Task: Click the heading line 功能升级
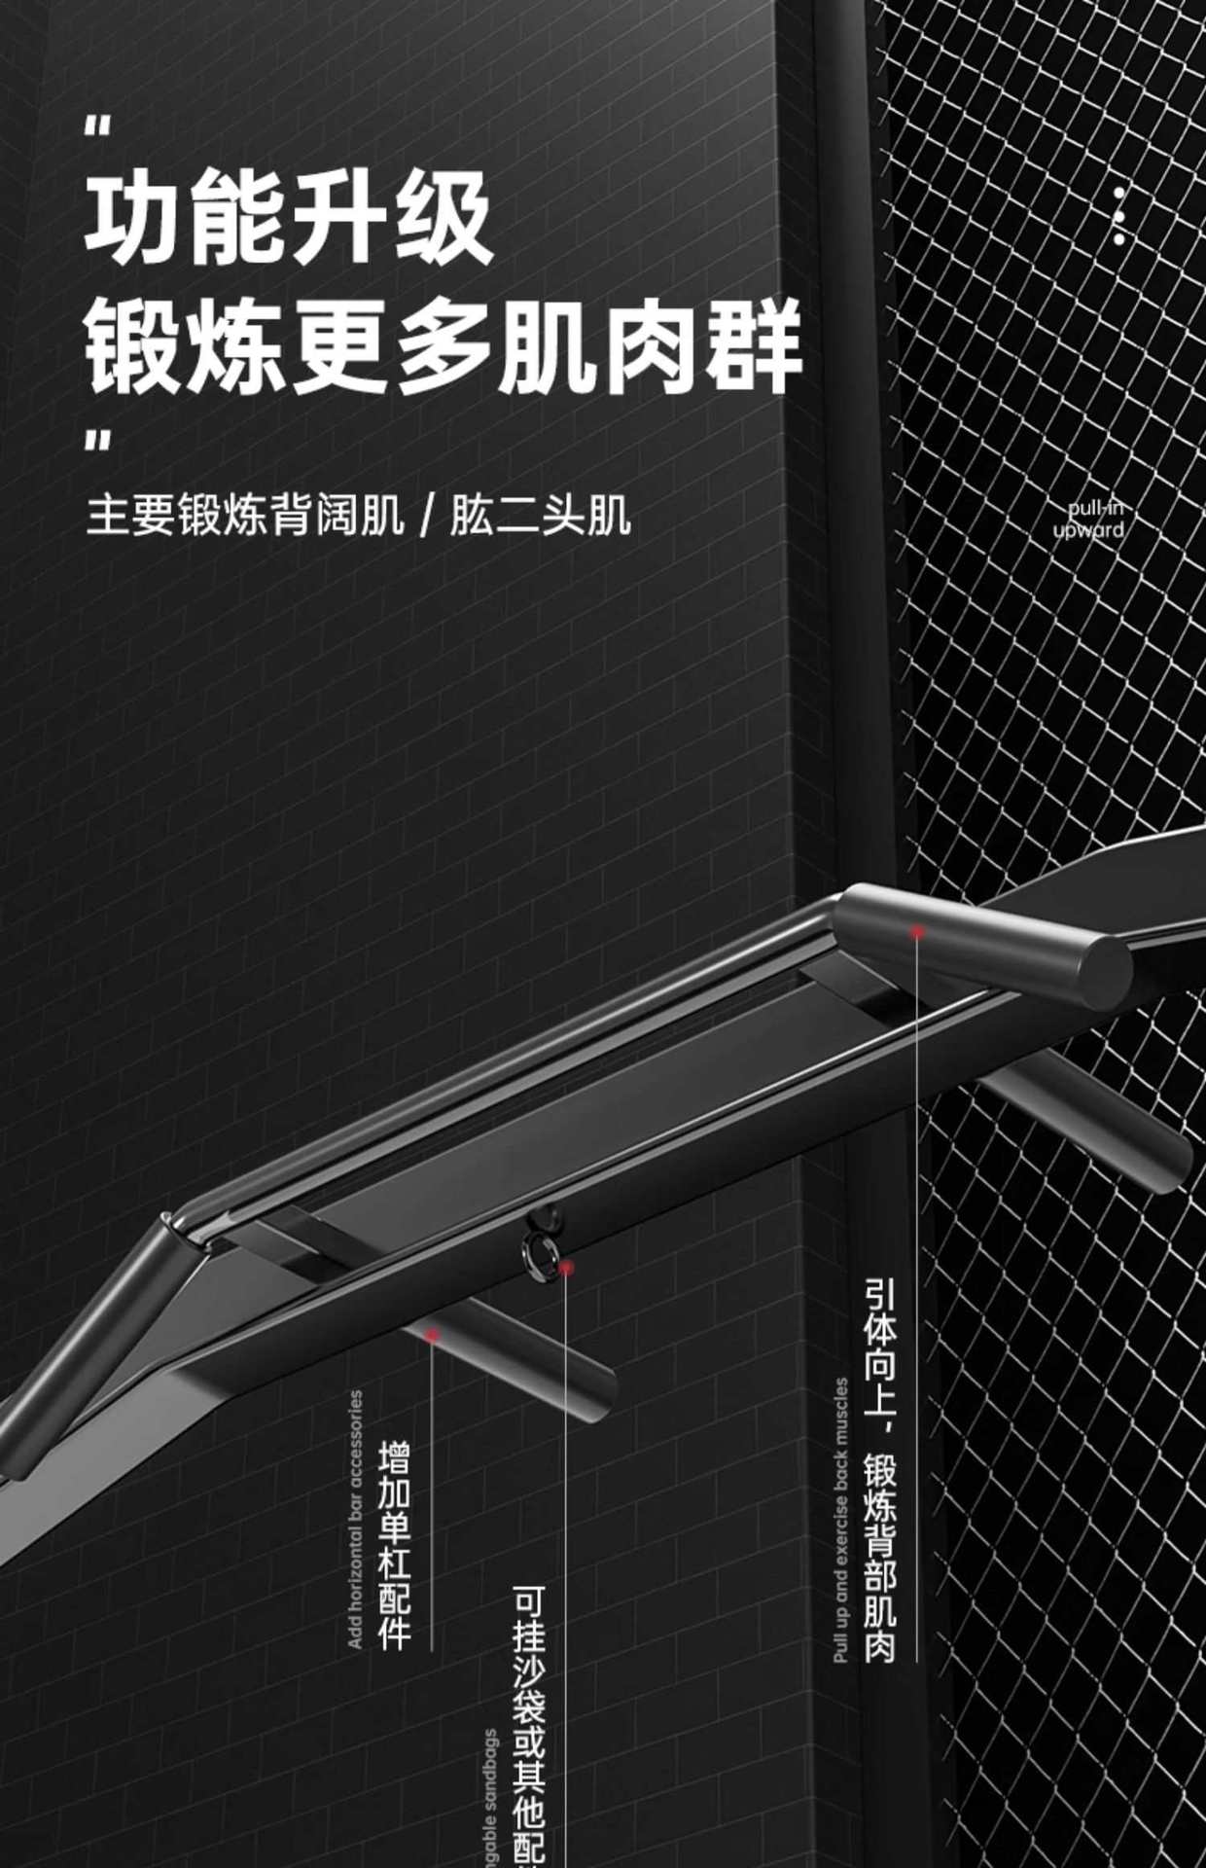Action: coord(289,221)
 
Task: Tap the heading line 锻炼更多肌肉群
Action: coord(443,347)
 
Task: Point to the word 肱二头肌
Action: coord(540,516)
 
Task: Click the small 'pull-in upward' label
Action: coord(1089,519)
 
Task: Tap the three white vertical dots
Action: coord(1118,215)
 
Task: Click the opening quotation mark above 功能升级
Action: coord(97,127)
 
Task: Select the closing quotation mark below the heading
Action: coord(97,443)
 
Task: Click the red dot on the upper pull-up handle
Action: coord(916,932)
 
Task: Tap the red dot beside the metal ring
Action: coord(565,1268)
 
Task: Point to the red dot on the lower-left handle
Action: coord(433,1335)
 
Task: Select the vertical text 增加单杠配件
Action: coord(394,1545)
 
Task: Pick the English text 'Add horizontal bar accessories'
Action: coord(355,1519)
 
